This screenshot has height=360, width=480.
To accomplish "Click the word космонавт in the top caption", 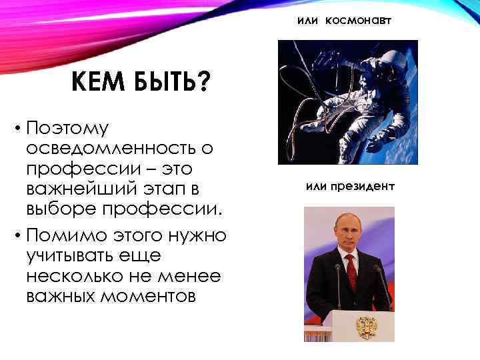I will pos(359,21).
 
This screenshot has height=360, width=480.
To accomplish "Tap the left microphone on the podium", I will pos(337,280).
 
